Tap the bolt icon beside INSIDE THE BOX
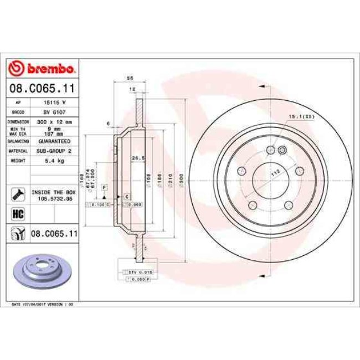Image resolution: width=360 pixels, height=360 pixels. pos(17,194)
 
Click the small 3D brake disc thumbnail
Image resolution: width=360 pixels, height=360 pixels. pos(35,270)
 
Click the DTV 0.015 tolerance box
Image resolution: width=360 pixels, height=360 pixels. pos(132,272)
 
